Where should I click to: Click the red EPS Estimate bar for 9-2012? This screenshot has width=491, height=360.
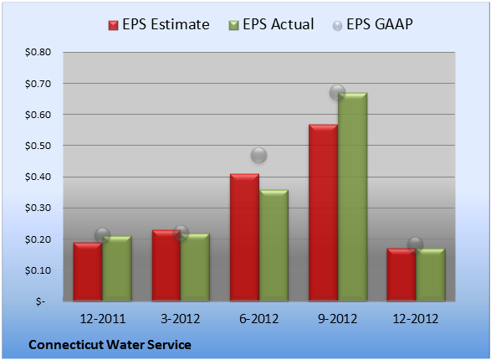323,213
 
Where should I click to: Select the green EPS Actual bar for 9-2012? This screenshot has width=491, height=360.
353,197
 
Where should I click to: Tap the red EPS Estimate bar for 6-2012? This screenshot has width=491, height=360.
244,237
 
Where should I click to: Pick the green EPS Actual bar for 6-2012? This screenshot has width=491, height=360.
274,245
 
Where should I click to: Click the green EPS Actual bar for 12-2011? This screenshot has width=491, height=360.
117,269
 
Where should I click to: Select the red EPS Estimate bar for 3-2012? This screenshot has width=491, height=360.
166,265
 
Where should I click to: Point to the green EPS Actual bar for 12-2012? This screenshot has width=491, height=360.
431,275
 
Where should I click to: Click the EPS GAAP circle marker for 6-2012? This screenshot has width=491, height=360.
259,155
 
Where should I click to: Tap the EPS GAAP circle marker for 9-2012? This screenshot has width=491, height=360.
338,92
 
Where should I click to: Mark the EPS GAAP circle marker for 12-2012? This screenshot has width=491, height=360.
416,244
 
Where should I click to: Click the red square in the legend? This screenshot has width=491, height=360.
114,25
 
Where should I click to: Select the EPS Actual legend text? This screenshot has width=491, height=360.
278,24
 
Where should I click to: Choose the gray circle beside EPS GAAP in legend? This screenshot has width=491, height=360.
338,26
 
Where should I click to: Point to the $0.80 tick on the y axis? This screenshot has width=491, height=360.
38,52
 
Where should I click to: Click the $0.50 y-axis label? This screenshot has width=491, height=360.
38,146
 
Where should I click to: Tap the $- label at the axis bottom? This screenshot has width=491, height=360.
40,301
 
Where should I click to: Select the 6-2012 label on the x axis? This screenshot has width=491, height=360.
259,319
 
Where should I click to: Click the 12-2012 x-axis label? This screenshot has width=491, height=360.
416,319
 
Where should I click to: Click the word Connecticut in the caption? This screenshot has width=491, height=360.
66,345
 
